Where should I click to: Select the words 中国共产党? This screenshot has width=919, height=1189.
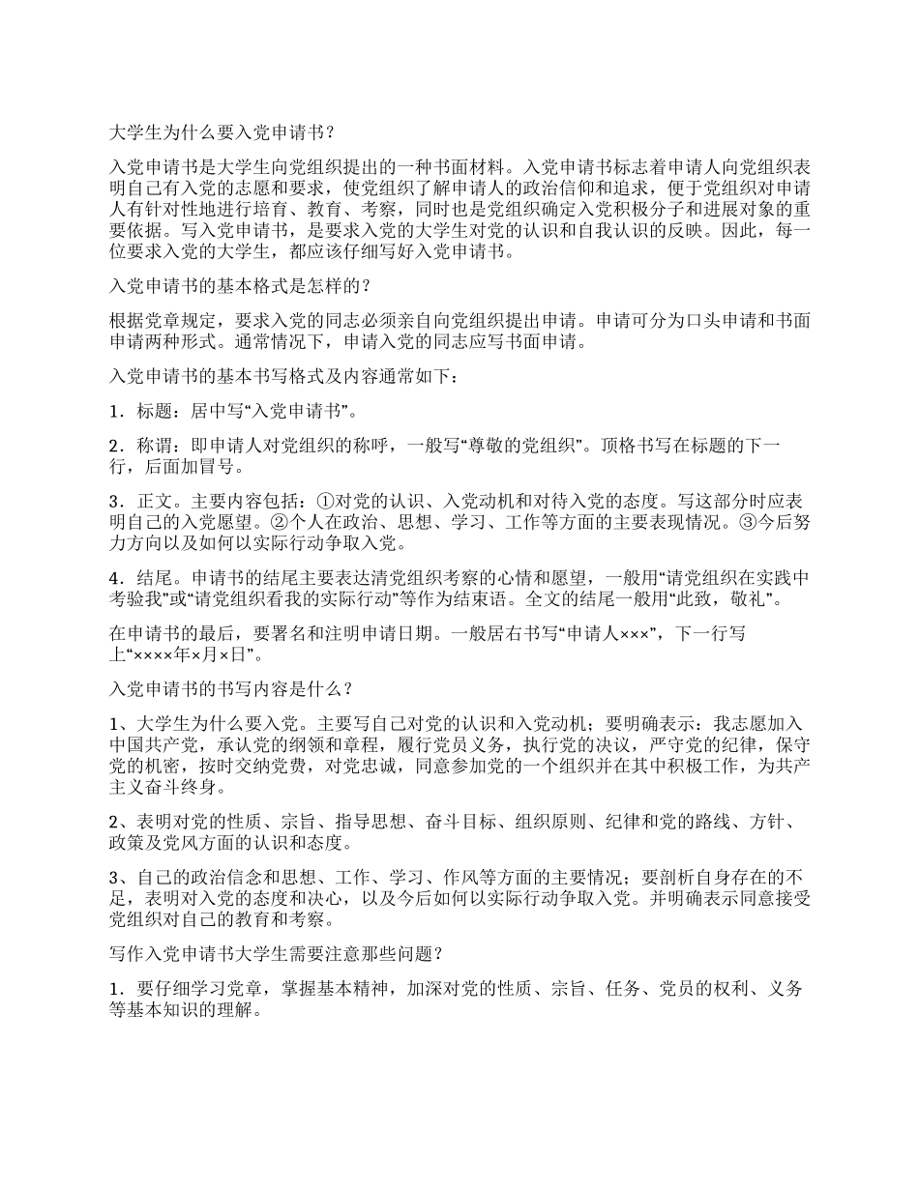(x=154, y=745)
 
